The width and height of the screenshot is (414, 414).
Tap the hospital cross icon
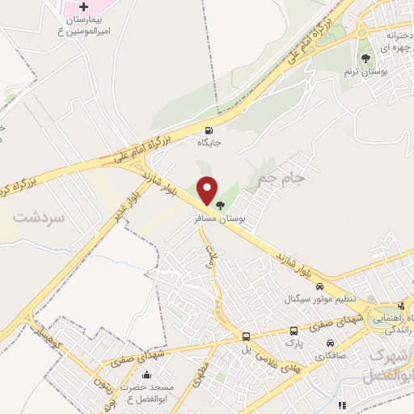pyautogui.click(x=84, y=7)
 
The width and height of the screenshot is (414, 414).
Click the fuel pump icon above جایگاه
pyautogui.click(x=210, y=130)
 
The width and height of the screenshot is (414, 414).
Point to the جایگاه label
pyautogui.click(x=209, y=143)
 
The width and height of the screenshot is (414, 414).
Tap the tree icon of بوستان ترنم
pyautogui.click(x=366, y=58)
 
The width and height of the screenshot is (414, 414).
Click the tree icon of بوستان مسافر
pyautogui.click(x=221, y=205)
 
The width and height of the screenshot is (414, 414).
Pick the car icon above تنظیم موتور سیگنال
pyautogui.click(x=320, y=287)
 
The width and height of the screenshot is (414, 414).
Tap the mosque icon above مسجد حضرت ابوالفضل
pyautogui.click(x=146, y=374)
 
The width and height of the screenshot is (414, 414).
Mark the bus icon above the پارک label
pyautogui.click(x=293, y=330)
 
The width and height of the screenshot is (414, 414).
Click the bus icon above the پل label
pyautogui.click(x=247, y=336)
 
